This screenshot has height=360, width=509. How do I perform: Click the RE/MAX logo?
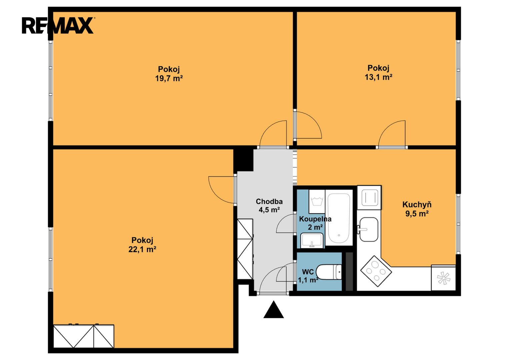(58, 25)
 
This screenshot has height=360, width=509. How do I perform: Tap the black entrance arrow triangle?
(274, 310)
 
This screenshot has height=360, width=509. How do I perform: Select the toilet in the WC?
(329, 272)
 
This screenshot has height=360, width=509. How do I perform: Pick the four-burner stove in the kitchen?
(376, 271)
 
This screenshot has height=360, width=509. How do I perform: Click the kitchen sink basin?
(369, 229)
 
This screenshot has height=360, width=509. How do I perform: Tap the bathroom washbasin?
(312, 240)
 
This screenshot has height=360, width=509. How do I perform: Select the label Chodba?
(269, 201)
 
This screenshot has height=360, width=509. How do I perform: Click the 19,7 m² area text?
(169, 78)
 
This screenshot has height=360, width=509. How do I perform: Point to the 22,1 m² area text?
(142, 250)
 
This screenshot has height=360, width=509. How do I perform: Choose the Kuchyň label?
(417, 205)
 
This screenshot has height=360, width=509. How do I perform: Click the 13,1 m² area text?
(379, 77)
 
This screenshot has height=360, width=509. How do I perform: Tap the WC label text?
(308, 272)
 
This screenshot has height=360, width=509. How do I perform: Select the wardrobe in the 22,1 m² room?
(84, 336)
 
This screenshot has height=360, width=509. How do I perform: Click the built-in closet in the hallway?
(245, 249)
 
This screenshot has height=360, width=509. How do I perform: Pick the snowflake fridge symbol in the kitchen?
(444, 278)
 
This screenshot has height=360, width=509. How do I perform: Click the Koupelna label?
(315, 219)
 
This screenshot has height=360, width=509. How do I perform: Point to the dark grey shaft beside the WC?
(349, 271)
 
